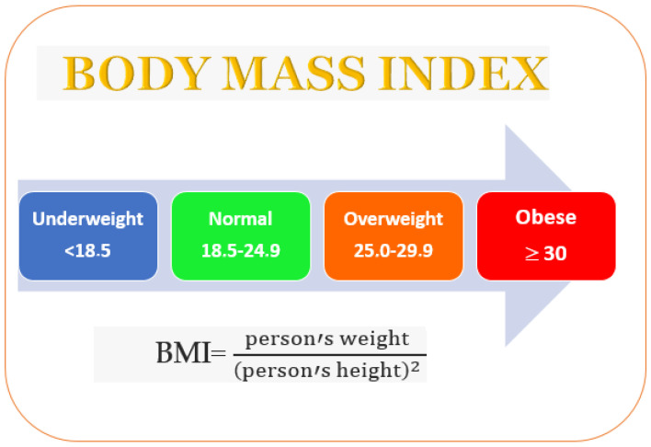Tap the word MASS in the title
(294, 73)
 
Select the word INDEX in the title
(463, 73)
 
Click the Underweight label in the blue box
(87, 220)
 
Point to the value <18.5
(87, 250)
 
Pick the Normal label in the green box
(240, 219)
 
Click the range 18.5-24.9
(241, 250)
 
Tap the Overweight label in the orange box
(394, 220)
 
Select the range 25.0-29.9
(394, 250)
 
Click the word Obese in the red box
(546, 217)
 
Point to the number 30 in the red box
(555, 254)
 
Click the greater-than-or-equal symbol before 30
(531, 254)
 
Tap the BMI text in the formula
(183, 352)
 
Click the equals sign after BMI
(218, 353)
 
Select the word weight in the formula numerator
(374, 338)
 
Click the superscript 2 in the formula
(415, 365)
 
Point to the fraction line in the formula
(330, 355)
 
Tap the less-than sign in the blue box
(69, 251)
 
